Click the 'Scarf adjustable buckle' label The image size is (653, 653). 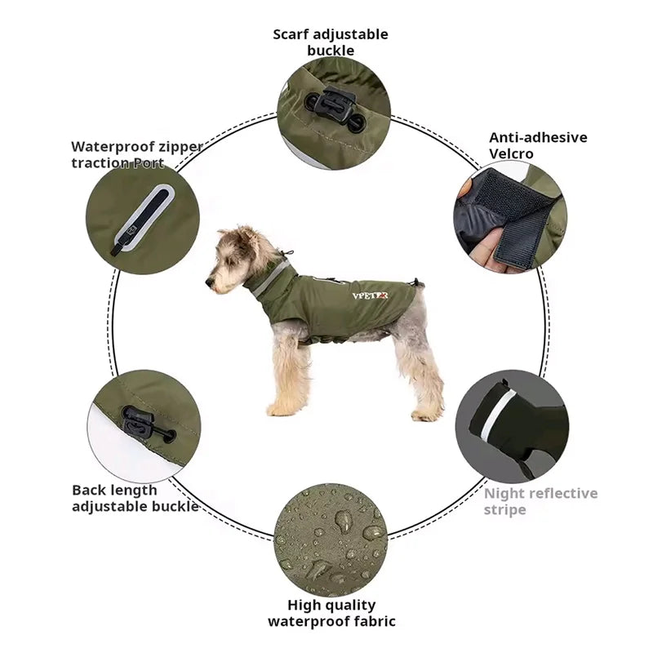pyautogui.click(x=331, y=42)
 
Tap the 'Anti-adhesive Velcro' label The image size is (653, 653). pyautogui.click(x=537, y=145)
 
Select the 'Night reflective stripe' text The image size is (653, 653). pyautogui.click(x=540, y=501)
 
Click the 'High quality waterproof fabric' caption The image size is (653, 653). pyautogui.click(x=331, y=613)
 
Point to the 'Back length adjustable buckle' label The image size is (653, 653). pyautogui.click(x=135, y=498)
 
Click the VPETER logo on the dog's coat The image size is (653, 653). pyautogui.click(x=370, y=295)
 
